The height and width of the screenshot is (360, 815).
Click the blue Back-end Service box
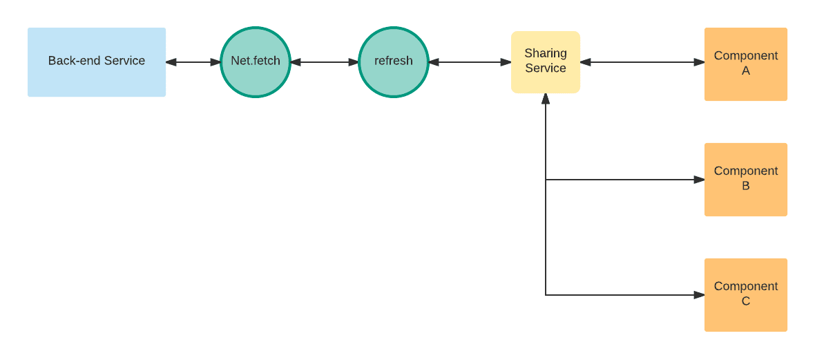pos(97,62)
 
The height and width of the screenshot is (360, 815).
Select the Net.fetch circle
pos(256,62)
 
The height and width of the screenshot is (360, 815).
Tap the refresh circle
pos(394,62)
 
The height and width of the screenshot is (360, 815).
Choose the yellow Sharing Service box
pos(545,62)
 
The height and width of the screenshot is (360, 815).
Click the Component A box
pos(746,64)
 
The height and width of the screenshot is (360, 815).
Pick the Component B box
pos(746,180)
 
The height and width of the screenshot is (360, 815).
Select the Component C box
pos(746,295)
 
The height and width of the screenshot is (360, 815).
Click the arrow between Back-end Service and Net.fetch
pos(193,62)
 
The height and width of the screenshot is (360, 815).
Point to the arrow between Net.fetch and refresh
pos(325,62)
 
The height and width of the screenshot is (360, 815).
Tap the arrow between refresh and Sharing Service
pos(470,62)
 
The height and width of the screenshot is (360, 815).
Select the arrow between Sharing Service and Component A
pos(642,62)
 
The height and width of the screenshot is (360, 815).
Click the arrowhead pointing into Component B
pos(699,180)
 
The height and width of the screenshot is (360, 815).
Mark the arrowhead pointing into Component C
pos(699,295)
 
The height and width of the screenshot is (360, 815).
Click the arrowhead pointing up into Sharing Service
pos(545,98)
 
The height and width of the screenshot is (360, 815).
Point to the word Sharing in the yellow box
pos(545,53)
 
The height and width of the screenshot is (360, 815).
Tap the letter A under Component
pos(746,70)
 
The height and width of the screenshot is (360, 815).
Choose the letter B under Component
pos(746,187)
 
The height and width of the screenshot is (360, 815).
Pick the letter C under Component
pos(746,301)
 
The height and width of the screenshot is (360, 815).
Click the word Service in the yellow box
pos(545,68)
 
